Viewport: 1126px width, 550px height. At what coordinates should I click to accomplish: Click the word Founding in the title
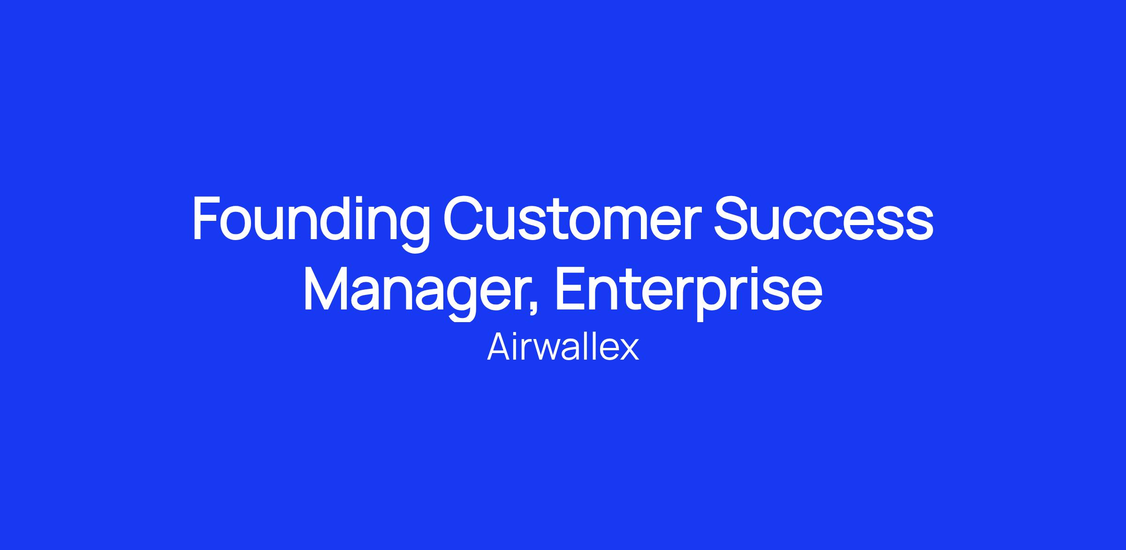tap(311, 223)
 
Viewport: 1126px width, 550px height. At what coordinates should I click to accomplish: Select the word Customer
tap(572, 218)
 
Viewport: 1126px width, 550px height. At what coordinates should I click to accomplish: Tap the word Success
tap(824, 218)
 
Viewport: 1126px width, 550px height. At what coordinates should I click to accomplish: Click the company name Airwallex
tap(563, 348)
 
